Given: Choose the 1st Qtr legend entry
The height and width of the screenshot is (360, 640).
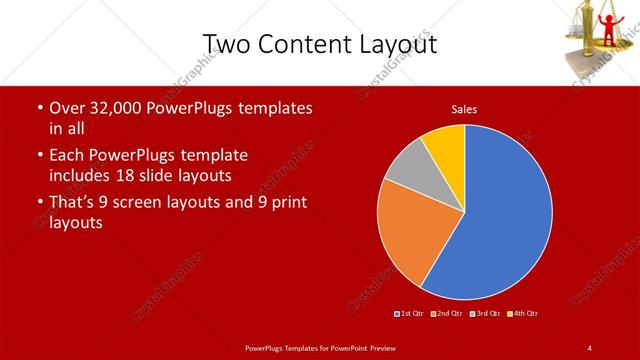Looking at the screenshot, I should pos(411,314).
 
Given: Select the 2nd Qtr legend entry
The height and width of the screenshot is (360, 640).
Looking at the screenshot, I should pos(447,314).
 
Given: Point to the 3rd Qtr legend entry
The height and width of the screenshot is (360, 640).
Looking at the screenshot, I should pos(485,314).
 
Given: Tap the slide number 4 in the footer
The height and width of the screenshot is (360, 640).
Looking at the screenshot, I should pos(589,347).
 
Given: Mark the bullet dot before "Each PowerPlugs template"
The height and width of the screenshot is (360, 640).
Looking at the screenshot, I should pos(38,156).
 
